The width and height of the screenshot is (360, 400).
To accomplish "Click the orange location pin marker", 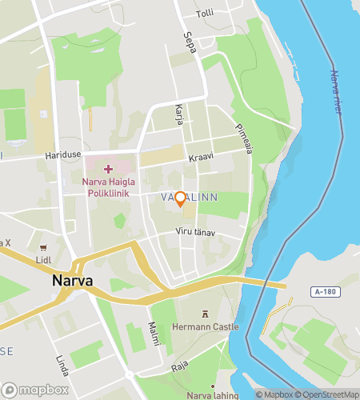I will [x=181, y=198].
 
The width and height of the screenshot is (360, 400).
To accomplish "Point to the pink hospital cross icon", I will [x=109, y=170].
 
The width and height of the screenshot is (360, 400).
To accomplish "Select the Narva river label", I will [x=336, y=92].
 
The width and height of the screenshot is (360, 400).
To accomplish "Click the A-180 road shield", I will [x=325, y=292].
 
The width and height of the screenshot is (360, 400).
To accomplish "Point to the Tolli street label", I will [x=205, y=14].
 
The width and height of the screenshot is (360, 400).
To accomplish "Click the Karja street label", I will [x=179, y=115].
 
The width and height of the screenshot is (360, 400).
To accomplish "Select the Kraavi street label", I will [x=201, y=158].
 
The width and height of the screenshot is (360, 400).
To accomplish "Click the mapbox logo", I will [x=35, y=390].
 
